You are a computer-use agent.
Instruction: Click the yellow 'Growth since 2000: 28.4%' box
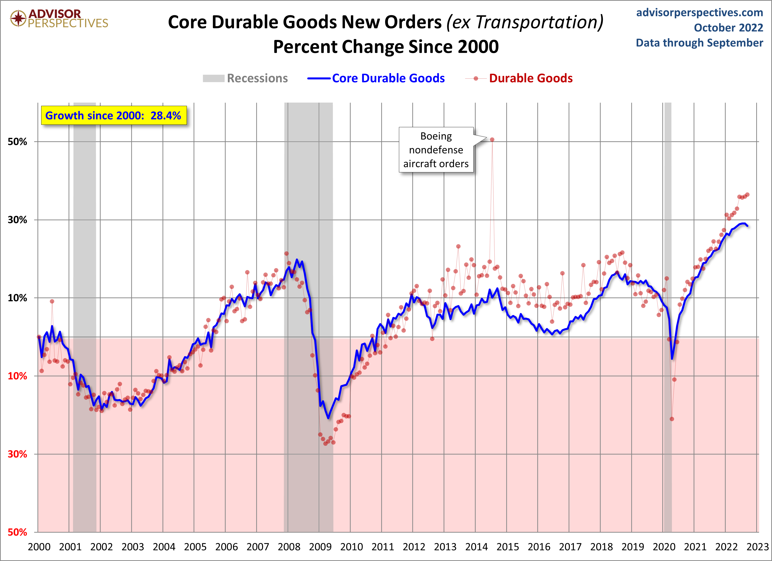(x=114, y=115)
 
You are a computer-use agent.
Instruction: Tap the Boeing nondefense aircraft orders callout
(x=436, y=150)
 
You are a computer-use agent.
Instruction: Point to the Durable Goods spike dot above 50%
(x=492, y=140)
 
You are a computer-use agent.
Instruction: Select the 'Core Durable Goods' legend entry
(x=388, y=78)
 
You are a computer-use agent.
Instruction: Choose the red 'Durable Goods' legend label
(x=530, y=78)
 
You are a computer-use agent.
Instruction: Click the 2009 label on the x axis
(x=320, y=547)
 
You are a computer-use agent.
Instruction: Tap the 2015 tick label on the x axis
(x=507, y=547)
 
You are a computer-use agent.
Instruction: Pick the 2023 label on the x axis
(x=757, y=547)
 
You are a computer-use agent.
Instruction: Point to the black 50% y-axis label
(x=17, y=142)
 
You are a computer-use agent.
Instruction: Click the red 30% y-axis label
(x=17, y=454)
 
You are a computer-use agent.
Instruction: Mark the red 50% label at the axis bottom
(x=17, y=532)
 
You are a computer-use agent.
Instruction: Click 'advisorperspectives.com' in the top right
(x=700, y=13)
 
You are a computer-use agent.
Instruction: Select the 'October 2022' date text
(x=728, y=28)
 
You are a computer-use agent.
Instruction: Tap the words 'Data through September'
(x=699, y=43)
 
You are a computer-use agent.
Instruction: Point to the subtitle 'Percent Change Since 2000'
(x=386, y=47)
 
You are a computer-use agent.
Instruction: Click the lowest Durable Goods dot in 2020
(x=672, y=419)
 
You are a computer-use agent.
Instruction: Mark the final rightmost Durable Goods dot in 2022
(x=747, y=195)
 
